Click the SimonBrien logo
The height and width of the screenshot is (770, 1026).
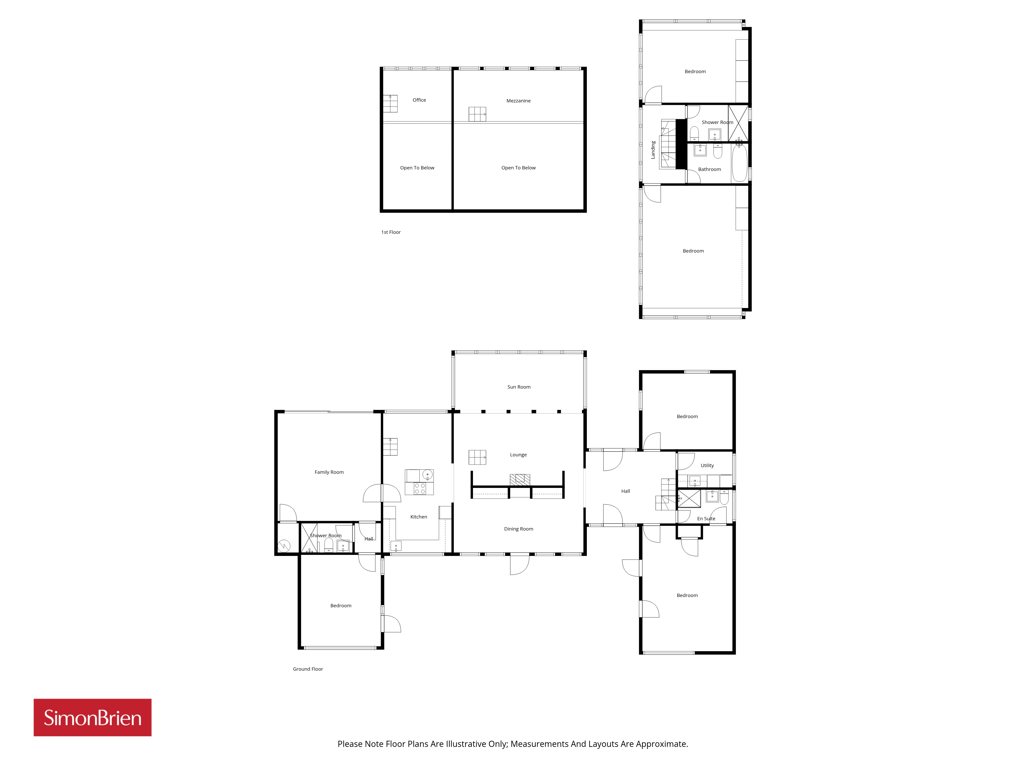pos(92,718)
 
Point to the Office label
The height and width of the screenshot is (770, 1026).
pos(419,100)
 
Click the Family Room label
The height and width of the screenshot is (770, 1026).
pos(329,472)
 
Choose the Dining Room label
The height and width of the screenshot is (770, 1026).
pos(519,529)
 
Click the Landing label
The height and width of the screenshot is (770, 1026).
pos(653,150)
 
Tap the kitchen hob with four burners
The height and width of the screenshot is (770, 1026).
pos(420,488)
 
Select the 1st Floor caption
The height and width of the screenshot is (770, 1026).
pos(391,232)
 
